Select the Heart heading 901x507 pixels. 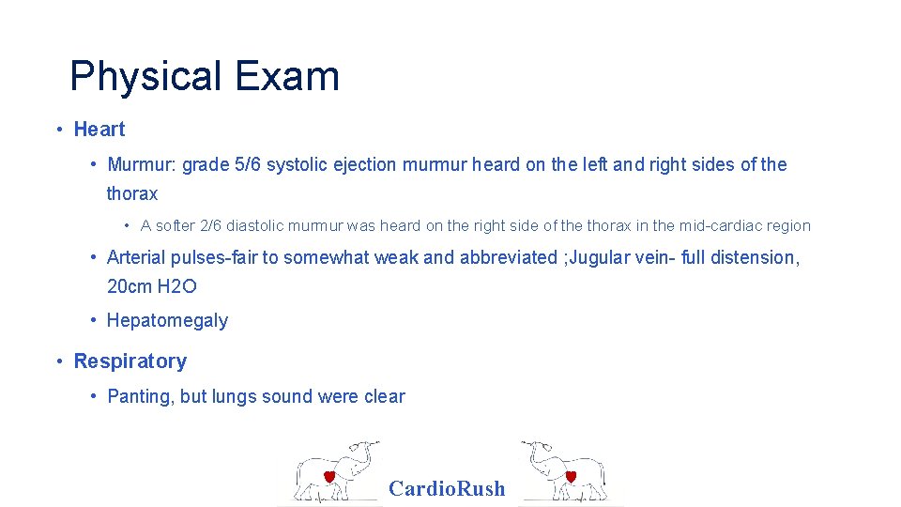(x=99, y=130)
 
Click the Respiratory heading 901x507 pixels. (x=130, y=361)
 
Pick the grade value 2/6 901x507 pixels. (x=211, y=225)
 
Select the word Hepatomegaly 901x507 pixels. (x=167, y=321)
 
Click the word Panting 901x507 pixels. (x=141, y=397)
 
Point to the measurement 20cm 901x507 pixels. (x=130, y=287)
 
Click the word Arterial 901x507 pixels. (x=136, y=258)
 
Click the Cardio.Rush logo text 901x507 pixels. (x=447, y=488)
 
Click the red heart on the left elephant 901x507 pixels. (x=329, y=476)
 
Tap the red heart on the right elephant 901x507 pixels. (x=570, y=476)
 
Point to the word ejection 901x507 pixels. (x=367, y=165)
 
